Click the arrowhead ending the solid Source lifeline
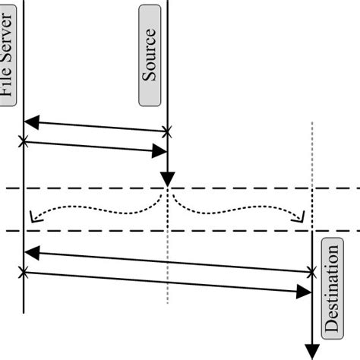point(167,179)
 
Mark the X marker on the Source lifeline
point(167,131)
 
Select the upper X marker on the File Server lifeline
point(24,141)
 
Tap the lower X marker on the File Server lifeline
point(24,271)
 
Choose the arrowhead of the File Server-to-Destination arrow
point(304,291)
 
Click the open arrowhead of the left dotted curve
point(31,219)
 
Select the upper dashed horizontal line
point(91,188)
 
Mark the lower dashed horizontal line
point(91,231)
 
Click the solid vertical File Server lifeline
point(24,197)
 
